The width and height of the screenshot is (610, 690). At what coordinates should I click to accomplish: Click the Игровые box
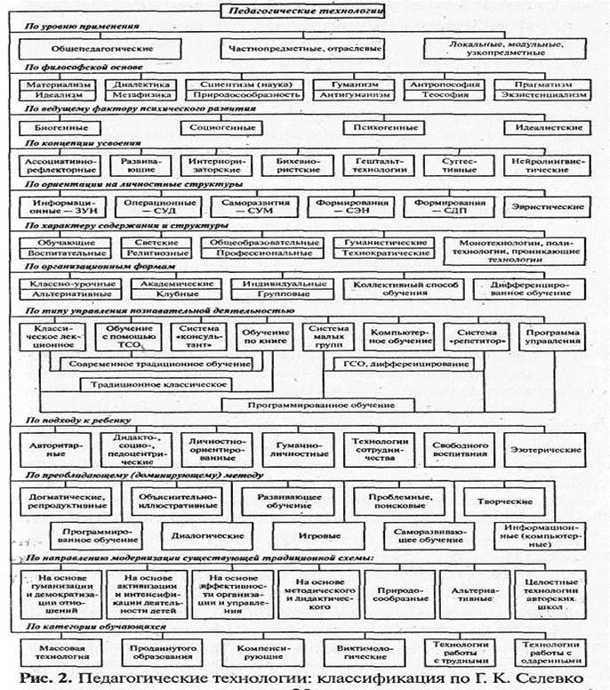click(x=315, y=536)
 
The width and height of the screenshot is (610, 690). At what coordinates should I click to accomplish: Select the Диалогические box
click(x=204, y=536)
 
